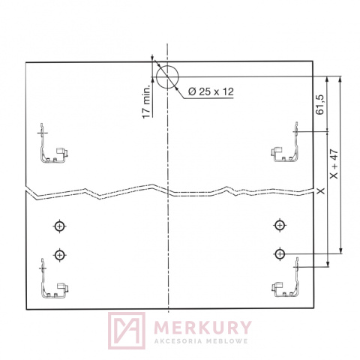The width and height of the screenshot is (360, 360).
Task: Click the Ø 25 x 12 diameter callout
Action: pos(211,91)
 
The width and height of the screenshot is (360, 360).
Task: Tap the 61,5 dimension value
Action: pos(319,104)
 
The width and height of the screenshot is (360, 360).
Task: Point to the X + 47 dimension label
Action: pos(334,164)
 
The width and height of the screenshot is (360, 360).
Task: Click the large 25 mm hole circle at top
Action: pos(167,77)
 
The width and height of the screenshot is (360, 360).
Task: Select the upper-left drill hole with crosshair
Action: pos(59,226)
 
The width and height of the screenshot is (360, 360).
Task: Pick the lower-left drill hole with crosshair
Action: pos(59,255)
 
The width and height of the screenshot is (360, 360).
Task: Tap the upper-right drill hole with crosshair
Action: pos(280,226)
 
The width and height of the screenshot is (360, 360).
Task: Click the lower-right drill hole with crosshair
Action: pos(280,254)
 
